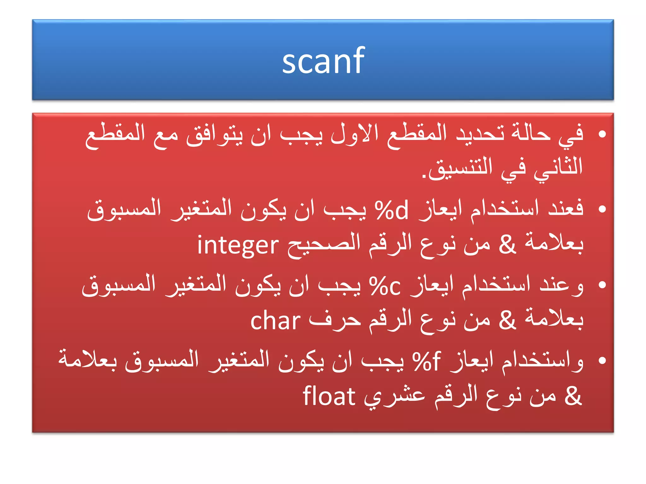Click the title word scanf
point(323,60)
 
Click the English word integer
point(238,245)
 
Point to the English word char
point(275,321)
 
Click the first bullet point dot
point(602,134)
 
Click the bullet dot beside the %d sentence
point(602,209)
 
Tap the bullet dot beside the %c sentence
point(602,285)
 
